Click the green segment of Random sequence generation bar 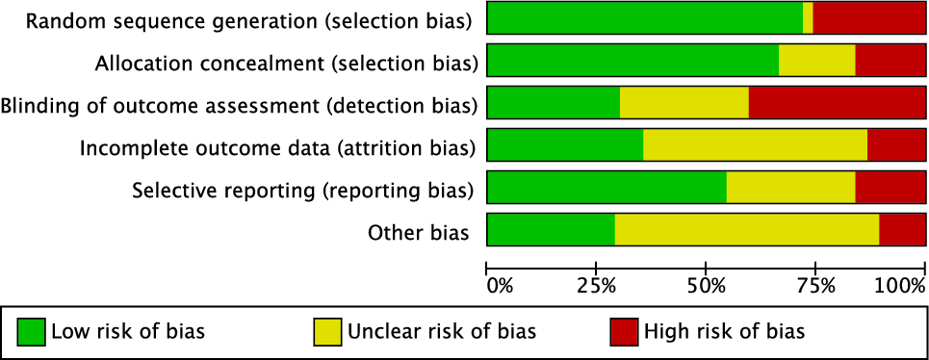[x=645, y=18]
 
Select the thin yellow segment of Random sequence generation [x=808, y=18]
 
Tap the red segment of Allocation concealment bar [x=890, y=61]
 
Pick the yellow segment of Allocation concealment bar [x=816, y=61]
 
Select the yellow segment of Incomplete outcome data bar [x=755, y=145]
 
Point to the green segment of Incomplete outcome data [x=565, y=145]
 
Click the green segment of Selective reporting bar [x=606, y=188]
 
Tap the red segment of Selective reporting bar [x=890, y=188]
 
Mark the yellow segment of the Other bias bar [x=747, y=230]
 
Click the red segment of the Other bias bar [x=902, y=230]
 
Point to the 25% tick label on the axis [x=596, y=285]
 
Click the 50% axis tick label [x=706, y=285]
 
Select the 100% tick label [x=899, y=285]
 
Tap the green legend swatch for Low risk [x=32, y=332]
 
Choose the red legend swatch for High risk [x=624, y=332]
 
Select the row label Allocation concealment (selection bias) [x=286, y=63]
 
